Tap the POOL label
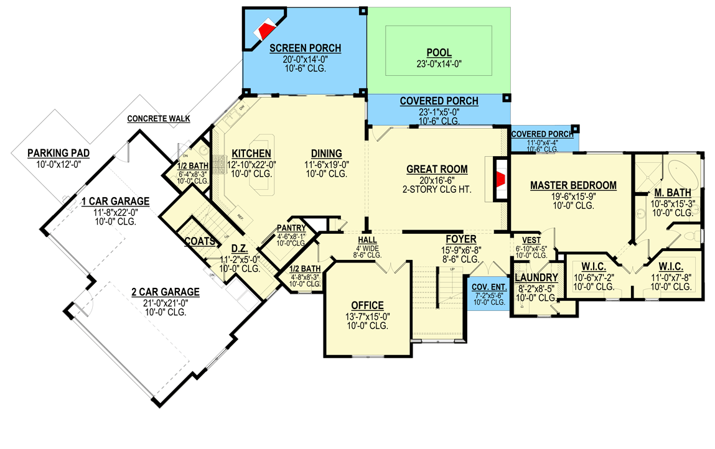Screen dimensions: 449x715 coord(439,53)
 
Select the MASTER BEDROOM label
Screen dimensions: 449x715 coord(573,185)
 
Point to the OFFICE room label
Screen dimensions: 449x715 coord(367,305)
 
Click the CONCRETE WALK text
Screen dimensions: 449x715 coord(159,119)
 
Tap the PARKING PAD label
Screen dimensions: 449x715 coord(58,153)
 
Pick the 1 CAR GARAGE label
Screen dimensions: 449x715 coord(116,201)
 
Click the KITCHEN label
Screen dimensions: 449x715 coord(251,154)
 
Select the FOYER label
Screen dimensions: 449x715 coord(460,239)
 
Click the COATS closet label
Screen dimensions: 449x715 coord(199,241)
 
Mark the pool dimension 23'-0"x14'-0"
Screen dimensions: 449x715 coord(439,63)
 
